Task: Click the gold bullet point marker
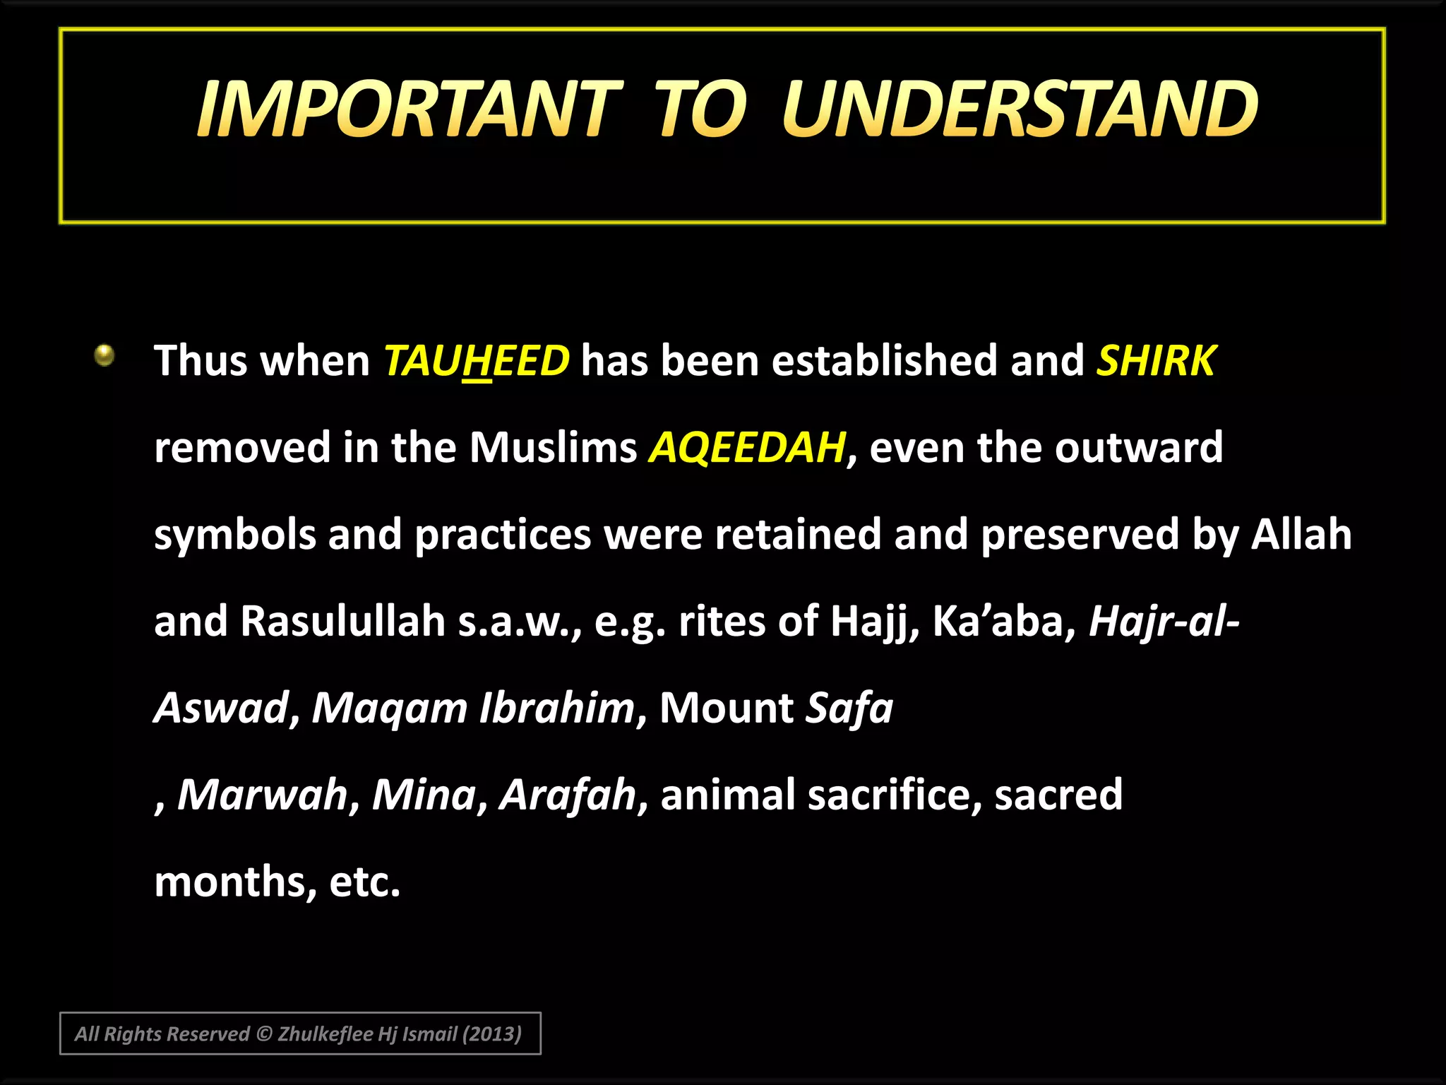point(104,355)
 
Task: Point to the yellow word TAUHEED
point(476,361)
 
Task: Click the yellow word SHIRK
point(1155,361)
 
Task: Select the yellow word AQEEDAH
point(747,448)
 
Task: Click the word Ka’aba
point(998,622)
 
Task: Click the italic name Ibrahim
point(556,708)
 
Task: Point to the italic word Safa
point(849,708)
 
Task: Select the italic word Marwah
point(263,795)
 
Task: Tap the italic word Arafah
point(568,795)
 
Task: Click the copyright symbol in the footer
point(263,1034)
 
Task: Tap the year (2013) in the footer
point(491,1034)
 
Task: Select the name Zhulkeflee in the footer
point(325,1034)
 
